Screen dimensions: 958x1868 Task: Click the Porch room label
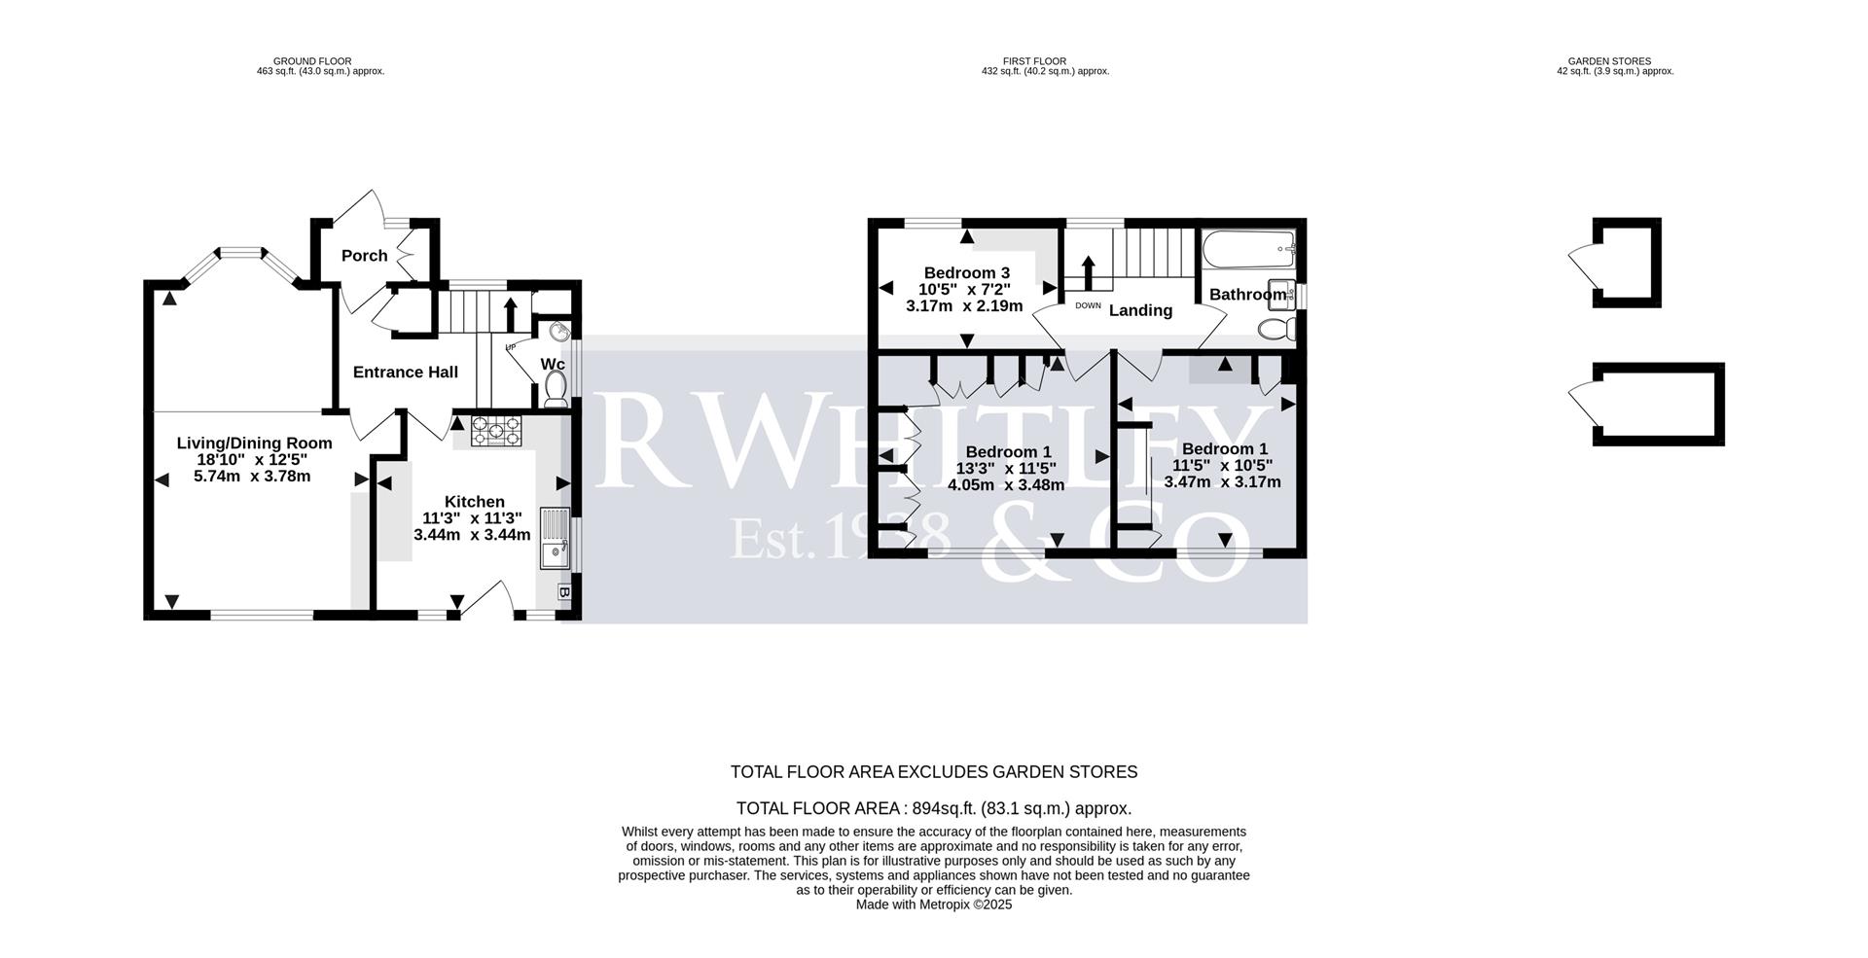[364, 256]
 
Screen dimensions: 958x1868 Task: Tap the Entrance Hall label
[405, 372]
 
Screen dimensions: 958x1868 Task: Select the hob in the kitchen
[497, 429]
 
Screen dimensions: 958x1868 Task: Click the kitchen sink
[556, 539]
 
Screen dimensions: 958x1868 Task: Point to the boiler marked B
[564, 591]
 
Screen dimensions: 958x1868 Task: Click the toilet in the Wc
[557, 390]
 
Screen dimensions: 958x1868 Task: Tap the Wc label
[552, 364]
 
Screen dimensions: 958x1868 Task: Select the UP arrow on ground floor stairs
[510, 315]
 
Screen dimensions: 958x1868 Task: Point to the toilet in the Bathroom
[1275, 329]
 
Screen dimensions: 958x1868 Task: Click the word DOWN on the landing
[1088, 305]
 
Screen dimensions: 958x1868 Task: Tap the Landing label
[1140, 310]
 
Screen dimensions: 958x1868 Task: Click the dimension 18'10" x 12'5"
[254, 459]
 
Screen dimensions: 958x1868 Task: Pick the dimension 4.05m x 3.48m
[1006, 484]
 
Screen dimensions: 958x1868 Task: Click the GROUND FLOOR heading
[312, 61]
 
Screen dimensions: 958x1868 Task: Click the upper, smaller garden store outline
[1627, 263]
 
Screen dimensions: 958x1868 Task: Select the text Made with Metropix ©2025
[933, 905]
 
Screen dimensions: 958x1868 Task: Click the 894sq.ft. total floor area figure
[944, 808]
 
